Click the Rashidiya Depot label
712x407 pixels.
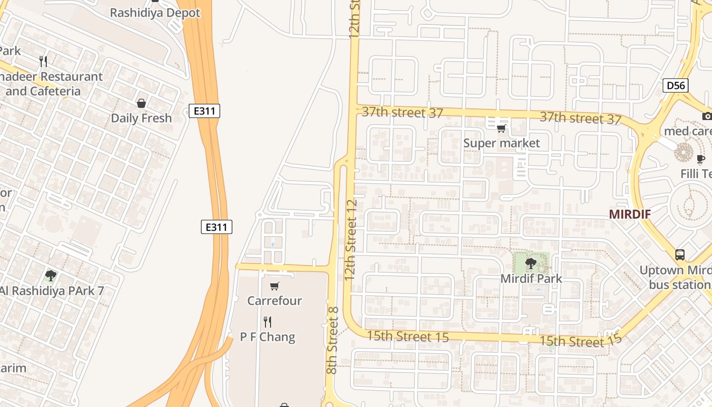click(155, 13)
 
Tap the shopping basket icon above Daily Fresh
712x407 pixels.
click(141, 103)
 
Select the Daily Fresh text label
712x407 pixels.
click(141, 118)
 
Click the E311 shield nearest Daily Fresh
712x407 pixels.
click(204, 110)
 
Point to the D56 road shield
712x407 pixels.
click(675, 85)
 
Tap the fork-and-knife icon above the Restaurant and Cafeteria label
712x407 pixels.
click(44, 62)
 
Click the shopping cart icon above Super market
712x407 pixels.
click(501, 128)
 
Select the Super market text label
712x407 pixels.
click(501, 143)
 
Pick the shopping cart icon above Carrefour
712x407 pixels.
click(275, 286)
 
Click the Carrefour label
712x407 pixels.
click(275, 301)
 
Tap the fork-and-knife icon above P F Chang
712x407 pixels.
click(268, 322)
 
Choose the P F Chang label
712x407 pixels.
click(268, 337)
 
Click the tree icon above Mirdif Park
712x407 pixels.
click(531, 264)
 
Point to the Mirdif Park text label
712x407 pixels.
click(531, 279)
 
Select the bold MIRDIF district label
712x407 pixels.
click(630, 214)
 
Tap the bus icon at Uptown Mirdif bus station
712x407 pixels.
click(680, 254)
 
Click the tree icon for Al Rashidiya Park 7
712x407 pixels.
click(50, 276)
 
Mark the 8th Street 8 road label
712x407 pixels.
click(332, 340)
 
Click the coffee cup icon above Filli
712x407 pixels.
click(701, 159)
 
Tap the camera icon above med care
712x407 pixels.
click(706, 116)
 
